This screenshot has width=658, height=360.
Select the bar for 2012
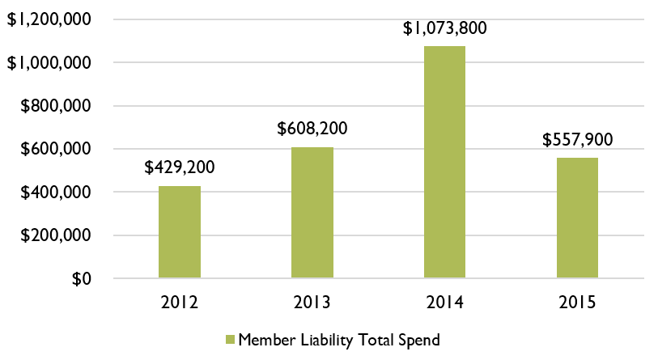tap(180, 232)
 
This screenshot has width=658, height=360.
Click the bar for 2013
tap(312, 213)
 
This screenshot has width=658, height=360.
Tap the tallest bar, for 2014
tap(444, 162)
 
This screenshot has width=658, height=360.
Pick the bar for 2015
tap(577, 218)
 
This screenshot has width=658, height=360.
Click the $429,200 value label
tap(180, 168)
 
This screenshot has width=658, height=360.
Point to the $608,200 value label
tap(312, 129)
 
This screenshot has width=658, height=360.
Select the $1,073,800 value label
tap(444, 28)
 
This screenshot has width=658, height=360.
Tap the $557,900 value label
tap(577, 140)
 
